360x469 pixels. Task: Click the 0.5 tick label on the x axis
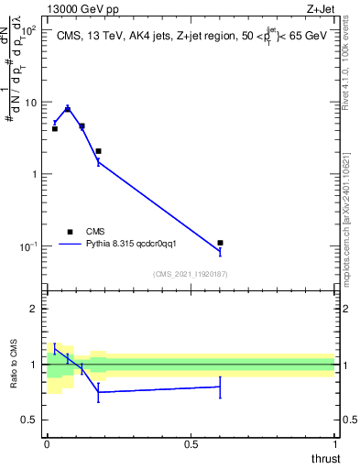pyautogui.click(x=191, y=443)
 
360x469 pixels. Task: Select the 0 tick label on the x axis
pyautogui.click(x=47, y=443)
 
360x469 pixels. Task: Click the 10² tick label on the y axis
pyautogui.click(x=28, y=30)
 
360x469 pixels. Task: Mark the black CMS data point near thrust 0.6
pyautogui.click(x=220, y=243)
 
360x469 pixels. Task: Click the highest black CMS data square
pyautogui.click(x=68, y=109)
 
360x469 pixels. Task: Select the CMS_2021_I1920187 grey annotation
pyautogui.click(x=190, y=274)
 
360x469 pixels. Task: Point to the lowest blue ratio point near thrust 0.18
pyautogui.click(x=99, y=392)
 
